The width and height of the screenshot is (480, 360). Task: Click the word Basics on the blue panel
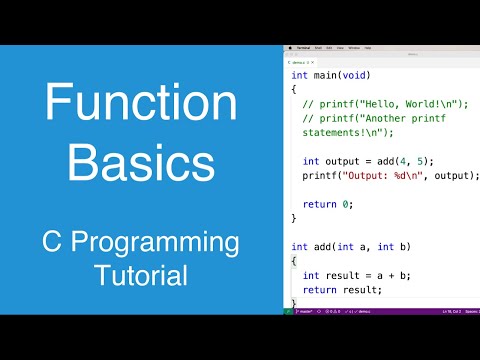point(140,162)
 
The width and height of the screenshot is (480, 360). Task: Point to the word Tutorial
point(140,274)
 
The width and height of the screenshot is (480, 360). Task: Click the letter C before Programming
point(52,243)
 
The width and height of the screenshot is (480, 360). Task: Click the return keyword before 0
point(321,203)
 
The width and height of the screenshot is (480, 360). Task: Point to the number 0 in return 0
point(349,203)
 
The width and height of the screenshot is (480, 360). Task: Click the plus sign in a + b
point(379,275)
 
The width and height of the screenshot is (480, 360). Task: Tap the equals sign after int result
point(359,275)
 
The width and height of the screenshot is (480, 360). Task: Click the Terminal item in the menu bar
point(303,47)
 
